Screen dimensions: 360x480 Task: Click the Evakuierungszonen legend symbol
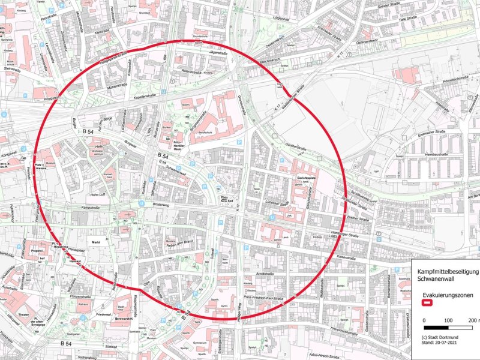coord(429,303)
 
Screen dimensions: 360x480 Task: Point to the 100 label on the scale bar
coord(448,320)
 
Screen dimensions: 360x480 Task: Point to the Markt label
coord(95,242)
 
